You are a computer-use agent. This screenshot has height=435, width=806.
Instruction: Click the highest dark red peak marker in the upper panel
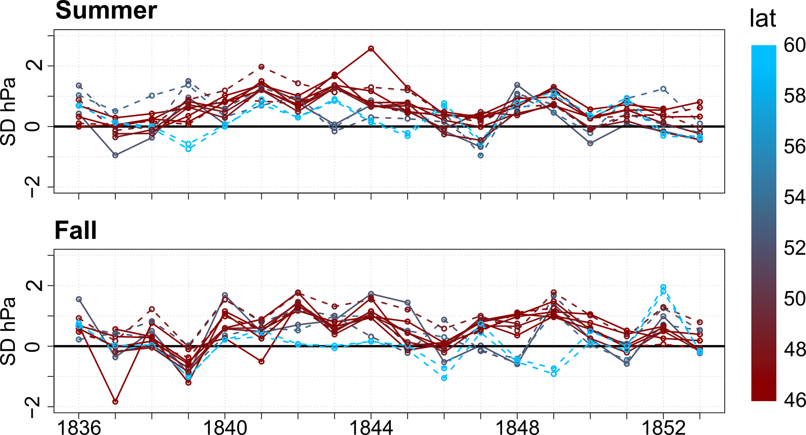pos(371,49)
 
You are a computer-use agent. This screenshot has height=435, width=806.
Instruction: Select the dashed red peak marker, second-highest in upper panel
pos(261,66)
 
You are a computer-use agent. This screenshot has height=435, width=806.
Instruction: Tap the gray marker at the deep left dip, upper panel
pos(115,155)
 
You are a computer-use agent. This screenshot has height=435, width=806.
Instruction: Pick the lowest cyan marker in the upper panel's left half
pos(188,149)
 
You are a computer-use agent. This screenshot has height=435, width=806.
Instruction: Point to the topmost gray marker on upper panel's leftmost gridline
pos(79,85)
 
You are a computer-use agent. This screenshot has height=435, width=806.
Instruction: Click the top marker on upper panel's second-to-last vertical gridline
pos(663,89)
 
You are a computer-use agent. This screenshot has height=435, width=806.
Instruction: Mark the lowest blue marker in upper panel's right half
pos(481,155)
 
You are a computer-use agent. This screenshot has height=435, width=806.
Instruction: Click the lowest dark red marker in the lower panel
pos(115,402)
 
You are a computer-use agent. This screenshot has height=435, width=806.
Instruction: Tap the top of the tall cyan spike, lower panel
pos(663,287)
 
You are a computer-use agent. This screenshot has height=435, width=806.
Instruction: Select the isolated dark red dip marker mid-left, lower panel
pos(261,361)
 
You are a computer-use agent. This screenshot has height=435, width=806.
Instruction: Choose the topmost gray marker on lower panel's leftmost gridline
pos(79,299)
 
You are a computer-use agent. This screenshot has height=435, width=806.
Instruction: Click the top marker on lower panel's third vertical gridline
pos(152,309)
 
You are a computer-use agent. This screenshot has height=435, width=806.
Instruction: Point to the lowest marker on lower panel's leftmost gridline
pos(79,339)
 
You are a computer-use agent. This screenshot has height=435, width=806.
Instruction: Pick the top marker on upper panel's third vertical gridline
pos(152,95)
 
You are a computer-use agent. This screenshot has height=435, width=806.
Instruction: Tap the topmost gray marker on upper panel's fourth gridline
pos(188,81)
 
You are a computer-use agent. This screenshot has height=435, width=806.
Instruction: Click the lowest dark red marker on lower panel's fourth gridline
pos(188,382)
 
